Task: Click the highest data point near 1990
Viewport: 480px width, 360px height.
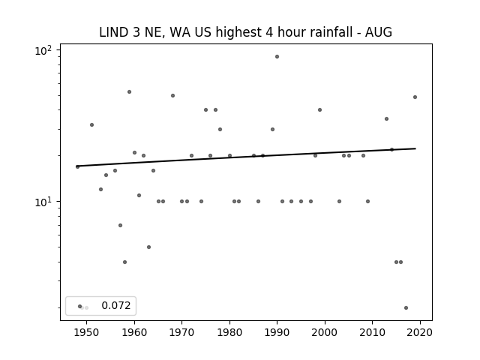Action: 277,57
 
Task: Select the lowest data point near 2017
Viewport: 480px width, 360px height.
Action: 406,308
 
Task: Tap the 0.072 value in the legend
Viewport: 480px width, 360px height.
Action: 116,305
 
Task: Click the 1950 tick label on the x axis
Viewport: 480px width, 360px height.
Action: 87,332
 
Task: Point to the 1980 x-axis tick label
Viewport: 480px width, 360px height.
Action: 229,332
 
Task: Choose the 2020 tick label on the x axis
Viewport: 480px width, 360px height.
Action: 420,332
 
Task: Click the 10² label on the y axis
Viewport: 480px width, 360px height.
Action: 43,50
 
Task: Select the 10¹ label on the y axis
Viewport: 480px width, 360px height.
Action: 43,202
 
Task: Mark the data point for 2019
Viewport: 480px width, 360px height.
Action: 415,97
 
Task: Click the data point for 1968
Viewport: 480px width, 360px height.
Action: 172,95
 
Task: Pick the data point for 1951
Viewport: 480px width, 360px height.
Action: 91,125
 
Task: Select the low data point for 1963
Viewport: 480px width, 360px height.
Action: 148,247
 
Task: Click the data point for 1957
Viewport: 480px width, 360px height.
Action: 120,225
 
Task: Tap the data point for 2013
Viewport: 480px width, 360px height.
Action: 387,118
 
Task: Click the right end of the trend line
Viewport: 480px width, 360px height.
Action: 415,148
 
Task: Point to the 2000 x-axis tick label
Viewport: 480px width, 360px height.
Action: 325,332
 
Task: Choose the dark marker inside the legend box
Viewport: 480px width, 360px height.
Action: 80,306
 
